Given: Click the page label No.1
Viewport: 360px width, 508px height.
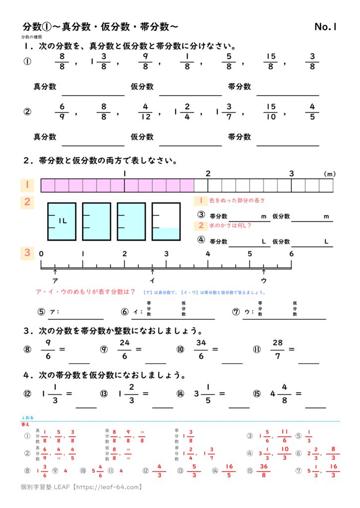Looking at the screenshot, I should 326,27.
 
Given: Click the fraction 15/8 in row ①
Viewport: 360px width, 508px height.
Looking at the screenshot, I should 271,63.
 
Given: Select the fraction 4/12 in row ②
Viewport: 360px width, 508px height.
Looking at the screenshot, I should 145,113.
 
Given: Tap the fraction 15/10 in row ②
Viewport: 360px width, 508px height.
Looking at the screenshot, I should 271,113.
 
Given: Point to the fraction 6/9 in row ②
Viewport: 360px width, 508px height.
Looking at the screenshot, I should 62,113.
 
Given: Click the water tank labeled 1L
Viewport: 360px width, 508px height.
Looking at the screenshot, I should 62,222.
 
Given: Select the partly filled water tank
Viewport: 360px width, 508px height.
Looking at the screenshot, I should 166,222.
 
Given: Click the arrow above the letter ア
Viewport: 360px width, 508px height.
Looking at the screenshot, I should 55,272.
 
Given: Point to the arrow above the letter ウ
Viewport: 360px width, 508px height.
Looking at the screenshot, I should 264,272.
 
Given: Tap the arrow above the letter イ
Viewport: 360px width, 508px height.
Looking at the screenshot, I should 152,272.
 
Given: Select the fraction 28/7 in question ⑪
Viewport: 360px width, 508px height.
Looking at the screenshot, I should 277,349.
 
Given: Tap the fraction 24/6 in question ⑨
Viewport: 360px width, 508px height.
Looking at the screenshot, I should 124,349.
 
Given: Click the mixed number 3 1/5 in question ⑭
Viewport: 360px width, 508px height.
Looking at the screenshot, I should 204,393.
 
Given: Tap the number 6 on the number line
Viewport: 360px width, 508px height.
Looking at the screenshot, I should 291,254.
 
